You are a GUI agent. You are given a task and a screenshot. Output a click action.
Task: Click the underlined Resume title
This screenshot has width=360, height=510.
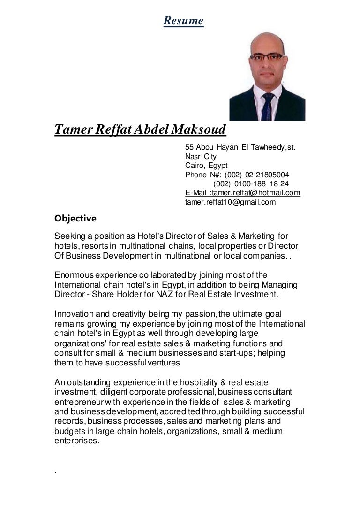[183, 21]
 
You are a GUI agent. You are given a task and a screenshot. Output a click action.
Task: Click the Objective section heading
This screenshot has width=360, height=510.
[75, 218]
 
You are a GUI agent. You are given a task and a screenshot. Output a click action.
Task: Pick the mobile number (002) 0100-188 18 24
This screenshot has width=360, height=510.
[251, 183]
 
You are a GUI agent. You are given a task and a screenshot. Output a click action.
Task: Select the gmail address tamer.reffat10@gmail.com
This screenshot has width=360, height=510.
[231, 202]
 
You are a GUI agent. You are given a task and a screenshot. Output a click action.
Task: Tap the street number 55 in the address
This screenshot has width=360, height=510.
[189, 147]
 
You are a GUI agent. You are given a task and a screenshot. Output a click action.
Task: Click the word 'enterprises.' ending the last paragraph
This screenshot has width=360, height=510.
[77, 441]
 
